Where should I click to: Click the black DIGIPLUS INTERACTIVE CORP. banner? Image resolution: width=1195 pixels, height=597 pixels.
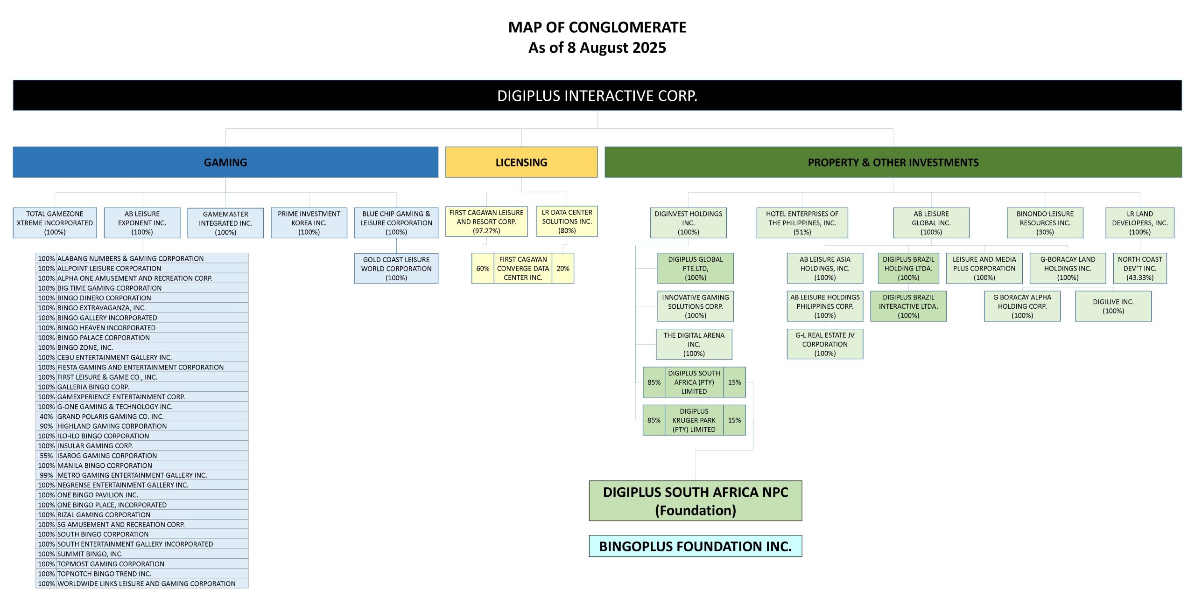(597, 96)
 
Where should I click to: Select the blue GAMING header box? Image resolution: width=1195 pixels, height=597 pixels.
(225, 162)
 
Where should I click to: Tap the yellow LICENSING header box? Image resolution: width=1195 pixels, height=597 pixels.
(521, 162)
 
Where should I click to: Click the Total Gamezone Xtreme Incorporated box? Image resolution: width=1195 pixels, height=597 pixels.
(55, 223)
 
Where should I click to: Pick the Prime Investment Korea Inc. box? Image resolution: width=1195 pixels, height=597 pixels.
(309, 223)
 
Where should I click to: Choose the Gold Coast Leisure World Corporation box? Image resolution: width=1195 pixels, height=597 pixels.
(396, 269)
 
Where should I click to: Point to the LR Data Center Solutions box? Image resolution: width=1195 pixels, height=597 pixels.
(567, 222)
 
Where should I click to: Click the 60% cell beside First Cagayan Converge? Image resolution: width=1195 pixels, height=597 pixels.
(483, 269)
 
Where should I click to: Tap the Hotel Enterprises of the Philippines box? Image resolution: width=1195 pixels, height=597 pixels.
(802, 223)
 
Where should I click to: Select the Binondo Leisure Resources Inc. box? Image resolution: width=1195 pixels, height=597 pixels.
(1045, 223)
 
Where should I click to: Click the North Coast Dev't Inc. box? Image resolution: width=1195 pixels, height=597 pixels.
(1140, 269)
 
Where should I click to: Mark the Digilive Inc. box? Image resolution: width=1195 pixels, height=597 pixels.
(1113, 306)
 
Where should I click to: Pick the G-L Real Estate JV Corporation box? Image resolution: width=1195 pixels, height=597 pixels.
(825, 344)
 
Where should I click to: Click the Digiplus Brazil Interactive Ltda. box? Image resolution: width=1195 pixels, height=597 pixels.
(908, 306)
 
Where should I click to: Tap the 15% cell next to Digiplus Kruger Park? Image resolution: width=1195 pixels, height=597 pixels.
(734, 420)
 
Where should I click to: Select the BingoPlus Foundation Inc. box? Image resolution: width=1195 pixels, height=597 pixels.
(695, 546)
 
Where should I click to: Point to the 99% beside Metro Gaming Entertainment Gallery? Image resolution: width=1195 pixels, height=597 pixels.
(46, 475)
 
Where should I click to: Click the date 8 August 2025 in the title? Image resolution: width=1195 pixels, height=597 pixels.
(616, 48)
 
